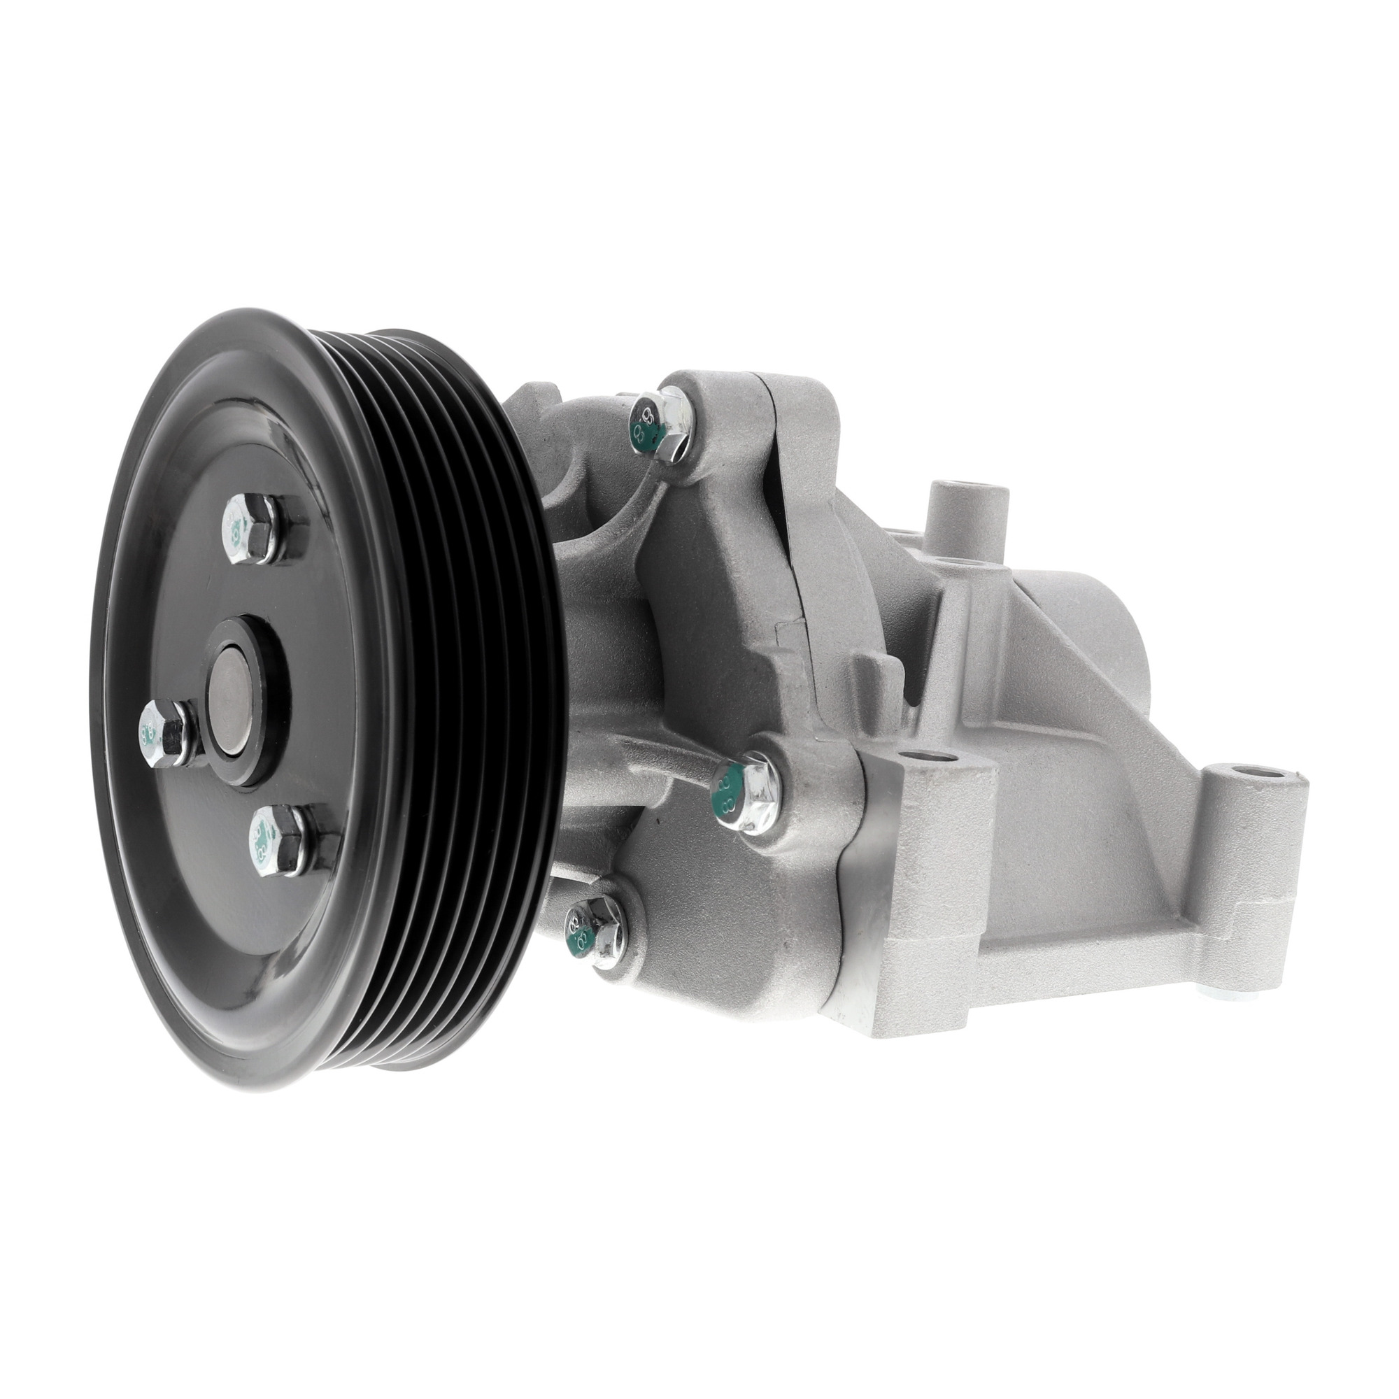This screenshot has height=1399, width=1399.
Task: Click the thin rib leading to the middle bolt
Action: pyautogui.click(x=684, y=775)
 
